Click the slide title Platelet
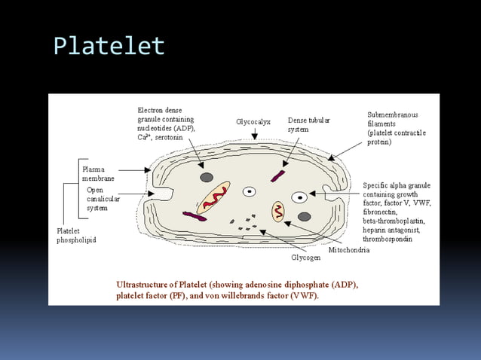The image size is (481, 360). [109, 46]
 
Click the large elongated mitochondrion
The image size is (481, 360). [214, 197]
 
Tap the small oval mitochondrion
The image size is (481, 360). [278, 211]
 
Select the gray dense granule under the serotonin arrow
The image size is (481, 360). [206, 177]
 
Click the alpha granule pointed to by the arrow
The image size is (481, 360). [299, 197]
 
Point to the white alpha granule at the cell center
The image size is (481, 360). [249, 191]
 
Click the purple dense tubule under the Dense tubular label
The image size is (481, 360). [278, 176]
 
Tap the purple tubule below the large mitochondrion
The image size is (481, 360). [194, 216]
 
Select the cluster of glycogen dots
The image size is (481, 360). [246, 223]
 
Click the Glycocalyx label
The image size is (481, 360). [254, 121]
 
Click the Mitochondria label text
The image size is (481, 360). [348, 249]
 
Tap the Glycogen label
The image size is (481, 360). [307, 258]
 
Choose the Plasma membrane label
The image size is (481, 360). [98, 174]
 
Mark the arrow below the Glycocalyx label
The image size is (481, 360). [255, 133]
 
